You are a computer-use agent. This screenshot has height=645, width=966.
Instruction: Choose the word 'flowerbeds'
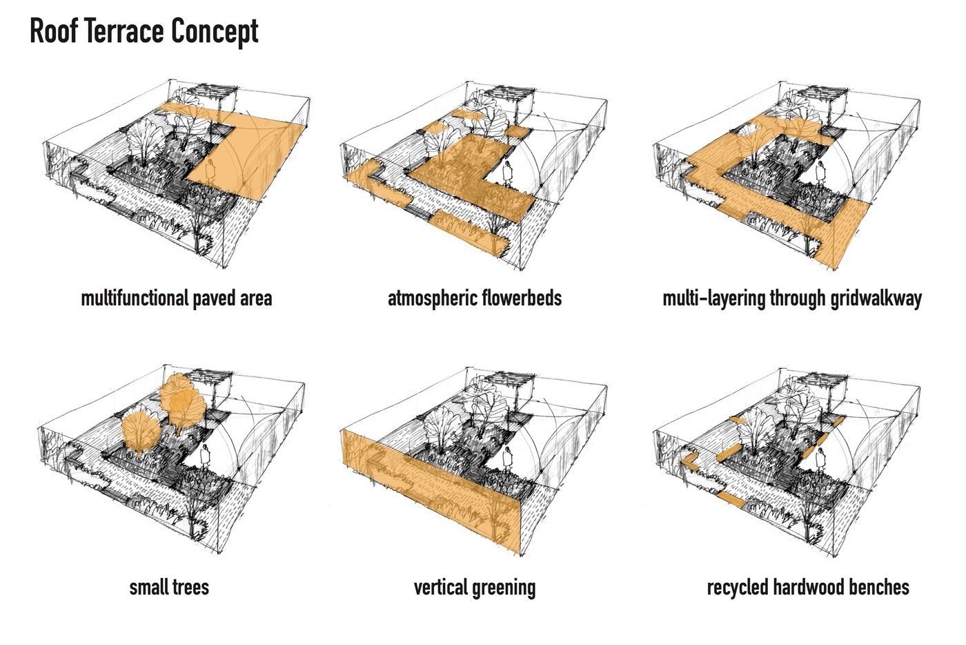coord(522,298)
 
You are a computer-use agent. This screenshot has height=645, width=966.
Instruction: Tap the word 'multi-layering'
coord(704,298)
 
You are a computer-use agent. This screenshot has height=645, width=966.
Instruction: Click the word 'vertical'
coord(442,587)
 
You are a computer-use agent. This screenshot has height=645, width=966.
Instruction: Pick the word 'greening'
coord(506,587)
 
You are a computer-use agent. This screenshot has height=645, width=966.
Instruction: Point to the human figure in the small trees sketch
coord(204,456)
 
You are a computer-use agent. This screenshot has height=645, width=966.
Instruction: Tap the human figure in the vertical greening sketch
coord(508,458)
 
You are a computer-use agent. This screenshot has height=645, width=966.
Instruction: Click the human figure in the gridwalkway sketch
coord(821,173)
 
